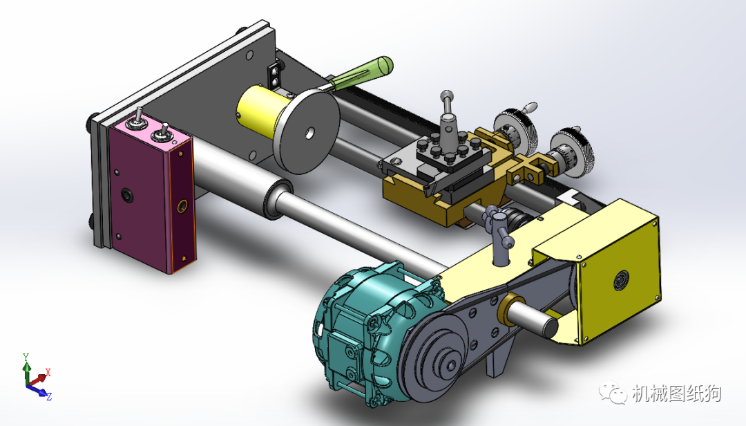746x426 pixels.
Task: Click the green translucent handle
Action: coord(361,75)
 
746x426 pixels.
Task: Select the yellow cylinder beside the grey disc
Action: coord(259,111)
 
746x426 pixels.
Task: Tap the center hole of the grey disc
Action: coord(309,133)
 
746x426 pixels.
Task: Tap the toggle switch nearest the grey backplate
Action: coord(137,120)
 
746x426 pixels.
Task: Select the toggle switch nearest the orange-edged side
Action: coord(161,133)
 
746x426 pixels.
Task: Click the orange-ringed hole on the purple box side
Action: coord(182,206)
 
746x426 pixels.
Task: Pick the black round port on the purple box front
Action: coord(127,195)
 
